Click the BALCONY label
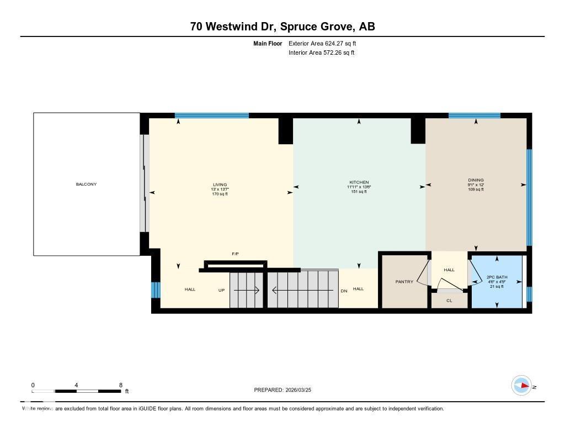[86, 184]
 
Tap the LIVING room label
[220, 185]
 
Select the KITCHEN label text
[359, 182]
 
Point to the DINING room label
[476, 180]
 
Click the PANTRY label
[404, 282]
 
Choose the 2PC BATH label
[497, 277]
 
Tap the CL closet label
[449, 301]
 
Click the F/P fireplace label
[235, 254]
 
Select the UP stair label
[221, 290]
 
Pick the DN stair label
[344, 290]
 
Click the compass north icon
[521, 385]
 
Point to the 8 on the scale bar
[120, 385]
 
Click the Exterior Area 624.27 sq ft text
[326, 43]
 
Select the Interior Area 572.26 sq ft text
[321, 53]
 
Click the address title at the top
[282, 27]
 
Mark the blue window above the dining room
[474, 115]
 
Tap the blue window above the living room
[211, 115]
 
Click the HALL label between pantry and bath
[449, 270]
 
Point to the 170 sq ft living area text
[220, 194]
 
